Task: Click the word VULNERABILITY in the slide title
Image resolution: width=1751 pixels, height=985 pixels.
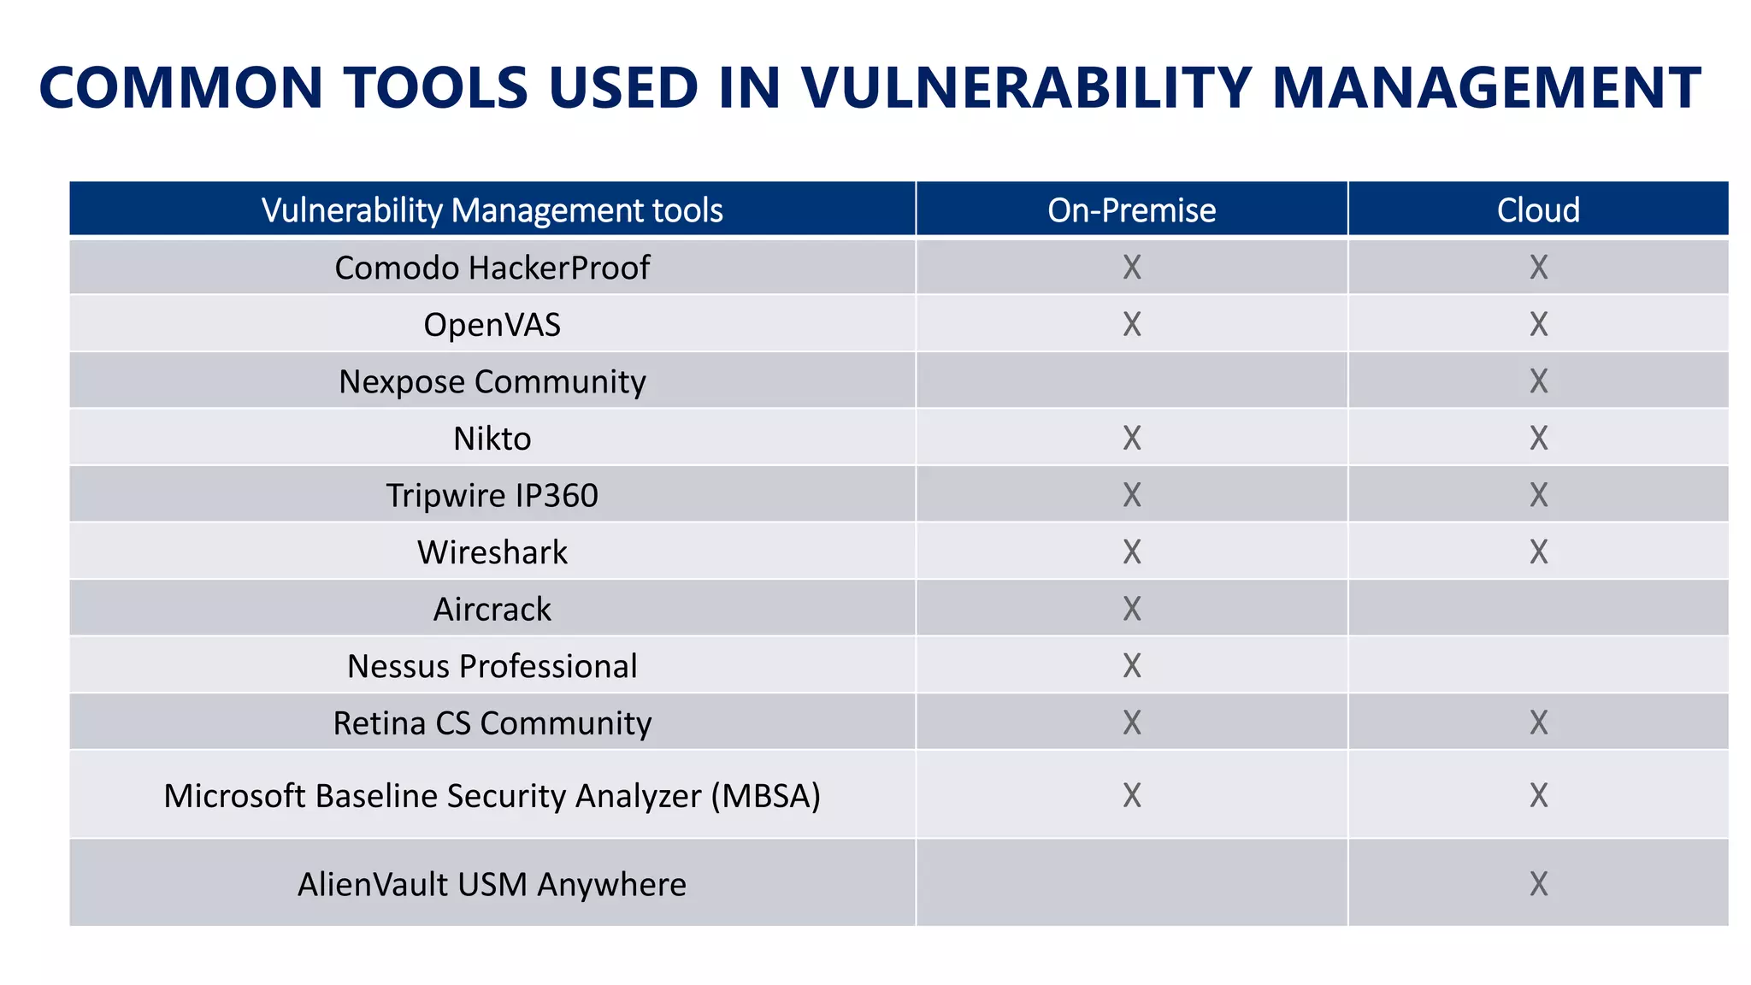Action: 1026,88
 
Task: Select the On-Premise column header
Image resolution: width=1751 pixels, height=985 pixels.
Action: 1131,210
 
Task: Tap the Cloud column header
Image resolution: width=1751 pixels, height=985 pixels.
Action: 1537,210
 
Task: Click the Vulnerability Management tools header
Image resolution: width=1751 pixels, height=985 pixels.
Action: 492,210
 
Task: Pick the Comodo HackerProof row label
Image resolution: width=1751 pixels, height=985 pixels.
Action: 492,268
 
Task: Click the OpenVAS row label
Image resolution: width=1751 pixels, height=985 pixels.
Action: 492,325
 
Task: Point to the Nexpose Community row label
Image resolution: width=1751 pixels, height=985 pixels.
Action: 492,381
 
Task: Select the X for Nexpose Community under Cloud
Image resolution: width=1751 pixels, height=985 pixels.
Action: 1538,381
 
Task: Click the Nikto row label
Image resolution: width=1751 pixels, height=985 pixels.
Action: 492,439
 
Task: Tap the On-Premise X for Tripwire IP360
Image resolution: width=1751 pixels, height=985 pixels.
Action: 1131,495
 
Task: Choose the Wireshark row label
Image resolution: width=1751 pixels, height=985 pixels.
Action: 492,552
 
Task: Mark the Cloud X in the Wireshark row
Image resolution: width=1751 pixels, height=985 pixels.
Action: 1538,552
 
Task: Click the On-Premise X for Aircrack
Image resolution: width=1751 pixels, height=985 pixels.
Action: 1131,609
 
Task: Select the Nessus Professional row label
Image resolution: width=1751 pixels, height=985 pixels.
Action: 492,666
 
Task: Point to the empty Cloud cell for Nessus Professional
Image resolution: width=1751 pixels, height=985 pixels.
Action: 1538,665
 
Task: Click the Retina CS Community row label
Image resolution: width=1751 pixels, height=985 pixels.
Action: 492,723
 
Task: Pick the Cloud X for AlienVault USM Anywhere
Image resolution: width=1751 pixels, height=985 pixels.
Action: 1538,883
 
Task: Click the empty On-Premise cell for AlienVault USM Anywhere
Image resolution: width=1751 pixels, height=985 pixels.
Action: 1131,882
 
